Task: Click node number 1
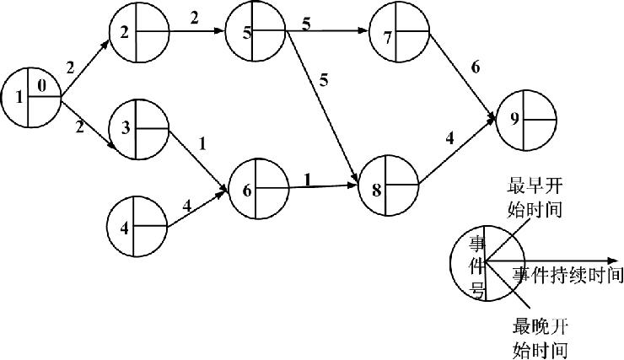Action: point(31,98)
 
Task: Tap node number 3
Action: point(137,130)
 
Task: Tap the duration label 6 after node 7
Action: point(476,67)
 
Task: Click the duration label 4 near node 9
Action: point(449,135)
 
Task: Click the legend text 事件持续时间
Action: point(568,276)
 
